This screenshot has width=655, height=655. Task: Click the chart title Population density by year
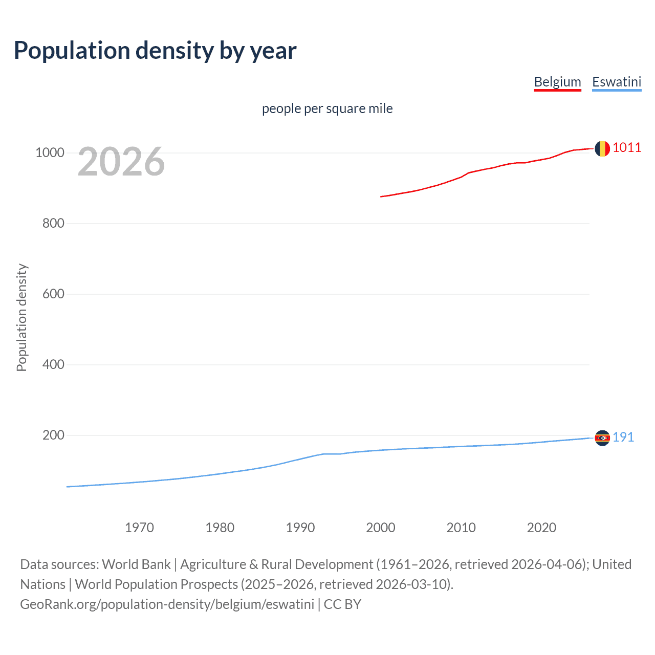coord(155,51)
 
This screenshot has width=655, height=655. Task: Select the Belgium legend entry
coord(557,82)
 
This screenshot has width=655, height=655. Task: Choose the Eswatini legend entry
coord(616,82)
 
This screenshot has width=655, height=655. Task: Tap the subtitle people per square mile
coord(327,108)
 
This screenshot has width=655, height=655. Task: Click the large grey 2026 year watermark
coord(121,162)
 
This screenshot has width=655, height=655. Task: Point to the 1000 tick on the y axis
coord(50,153)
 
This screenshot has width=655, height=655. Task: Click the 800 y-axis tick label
coord(53,224)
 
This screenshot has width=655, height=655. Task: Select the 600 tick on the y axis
coord(53,294)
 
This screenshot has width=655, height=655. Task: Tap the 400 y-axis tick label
coord(53,365)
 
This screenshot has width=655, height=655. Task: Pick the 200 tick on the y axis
coord(53,435)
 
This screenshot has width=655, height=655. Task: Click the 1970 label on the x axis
coord(139,528)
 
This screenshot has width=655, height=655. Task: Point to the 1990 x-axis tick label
coord(300,528)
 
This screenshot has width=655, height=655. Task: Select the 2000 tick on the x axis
coord(381,528)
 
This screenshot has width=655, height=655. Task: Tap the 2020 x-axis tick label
coord(541,528)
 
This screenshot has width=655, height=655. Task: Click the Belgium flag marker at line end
coord(602,148)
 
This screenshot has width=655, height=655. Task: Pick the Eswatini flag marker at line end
coord(602,438)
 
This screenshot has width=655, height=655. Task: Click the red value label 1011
coord(627,148)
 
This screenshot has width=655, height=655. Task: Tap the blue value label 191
coord(623,438)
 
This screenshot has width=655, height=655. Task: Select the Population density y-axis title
coord(21,317)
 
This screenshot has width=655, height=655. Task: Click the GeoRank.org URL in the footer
coord(167,604)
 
